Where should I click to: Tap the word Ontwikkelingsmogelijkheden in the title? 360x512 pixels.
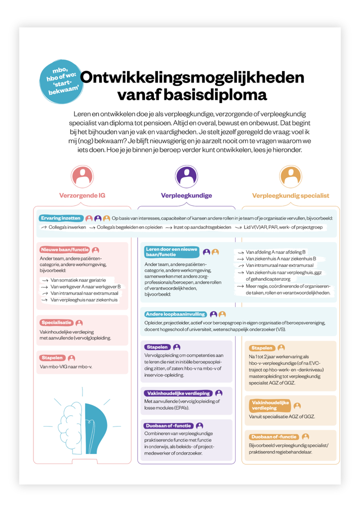coord(192,77)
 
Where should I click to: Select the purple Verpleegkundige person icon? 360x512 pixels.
coord(186,176)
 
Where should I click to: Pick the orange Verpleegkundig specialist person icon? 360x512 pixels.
coord(290,176)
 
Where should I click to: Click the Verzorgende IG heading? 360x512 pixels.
coord(82,195)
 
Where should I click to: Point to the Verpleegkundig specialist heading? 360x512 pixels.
coord(290,195)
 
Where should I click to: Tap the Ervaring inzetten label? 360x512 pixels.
coord(60,218)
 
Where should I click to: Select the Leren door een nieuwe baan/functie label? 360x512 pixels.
coord(171,251)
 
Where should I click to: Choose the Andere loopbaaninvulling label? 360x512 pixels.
coord(175,314)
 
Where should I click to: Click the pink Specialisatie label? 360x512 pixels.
coord(56,322)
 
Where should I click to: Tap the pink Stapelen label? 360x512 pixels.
coord(52,358)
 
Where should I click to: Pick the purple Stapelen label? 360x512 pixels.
coord(157,347)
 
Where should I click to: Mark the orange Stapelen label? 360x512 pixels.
coord(262,347)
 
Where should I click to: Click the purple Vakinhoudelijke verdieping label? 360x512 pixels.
coord(177,393)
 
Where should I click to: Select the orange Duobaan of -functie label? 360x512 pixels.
coord(273,436)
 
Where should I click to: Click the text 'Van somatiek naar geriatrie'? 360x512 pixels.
coord(82,281)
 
